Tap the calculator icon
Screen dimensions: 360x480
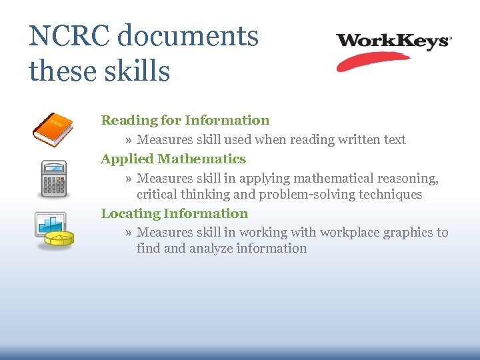53,179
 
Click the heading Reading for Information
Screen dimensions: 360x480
185,121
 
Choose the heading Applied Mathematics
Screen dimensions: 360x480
173,159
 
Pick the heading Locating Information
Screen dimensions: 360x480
175,214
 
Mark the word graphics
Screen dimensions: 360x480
409,233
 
